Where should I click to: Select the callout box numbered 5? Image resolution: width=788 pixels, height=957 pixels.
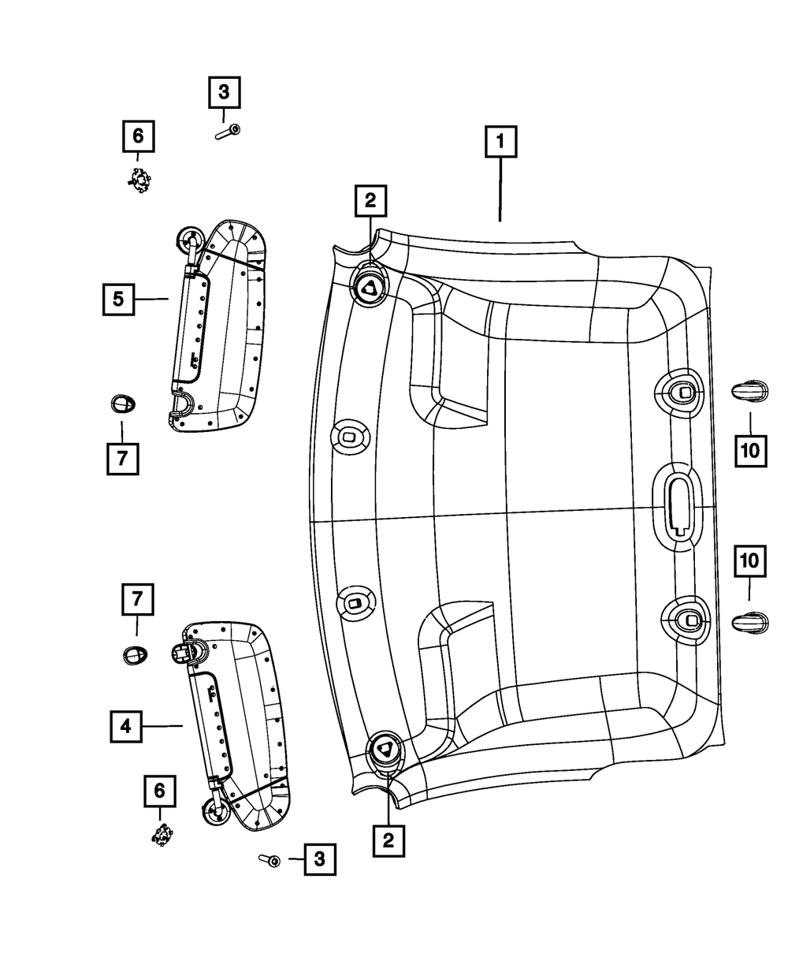pos(118,299)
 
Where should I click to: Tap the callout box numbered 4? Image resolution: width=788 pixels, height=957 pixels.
pos(126,726)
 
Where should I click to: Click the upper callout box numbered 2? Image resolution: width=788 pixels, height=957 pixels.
pos(370,201)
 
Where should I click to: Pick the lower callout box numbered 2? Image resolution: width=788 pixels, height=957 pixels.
pos(388,840)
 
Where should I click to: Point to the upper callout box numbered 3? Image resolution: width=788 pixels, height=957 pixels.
pos(224,93)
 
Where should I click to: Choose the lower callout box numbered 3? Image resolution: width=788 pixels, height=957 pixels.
pos(319,859)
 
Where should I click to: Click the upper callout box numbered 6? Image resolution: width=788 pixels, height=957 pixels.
pos(138,136)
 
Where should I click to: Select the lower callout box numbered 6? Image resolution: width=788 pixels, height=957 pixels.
pos(159,789)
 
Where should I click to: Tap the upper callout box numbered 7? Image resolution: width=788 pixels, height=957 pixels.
pos(122,458)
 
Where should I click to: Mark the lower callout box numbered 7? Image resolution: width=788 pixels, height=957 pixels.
pos(136,599)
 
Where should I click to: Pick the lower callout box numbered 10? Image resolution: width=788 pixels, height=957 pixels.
pos(749,560)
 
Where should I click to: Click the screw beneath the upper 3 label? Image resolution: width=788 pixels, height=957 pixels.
pos(228,132)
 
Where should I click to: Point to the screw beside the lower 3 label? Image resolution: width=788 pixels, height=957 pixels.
pos(269,860)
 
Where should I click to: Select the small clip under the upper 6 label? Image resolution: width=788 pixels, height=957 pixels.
pos(139,181)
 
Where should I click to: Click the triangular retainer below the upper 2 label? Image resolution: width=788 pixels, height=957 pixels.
pos(370,288)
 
